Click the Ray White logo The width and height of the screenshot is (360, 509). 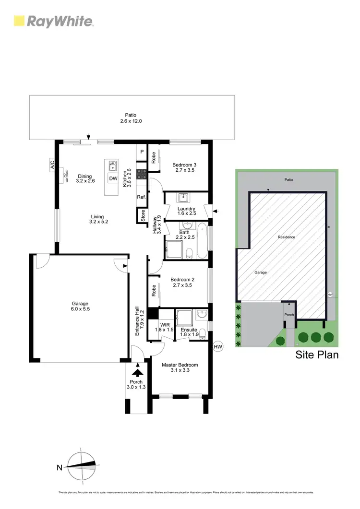coord(53,21)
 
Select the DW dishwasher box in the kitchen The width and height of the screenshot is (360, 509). coord(113,178)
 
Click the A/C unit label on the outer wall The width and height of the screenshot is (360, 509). coord(52,165)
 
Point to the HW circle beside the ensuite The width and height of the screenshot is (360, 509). coord(218,346)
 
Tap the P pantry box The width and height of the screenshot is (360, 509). coord(142,152)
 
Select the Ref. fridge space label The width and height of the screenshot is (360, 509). coord(141,197)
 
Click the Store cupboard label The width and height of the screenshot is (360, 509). coord(143,216)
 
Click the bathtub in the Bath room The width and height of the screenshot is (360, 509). coord(202,240)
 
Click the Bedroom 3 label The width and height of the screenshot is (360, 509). coord(184,167)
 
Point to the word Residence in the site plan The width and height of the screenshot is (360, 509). coord(286,237)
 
